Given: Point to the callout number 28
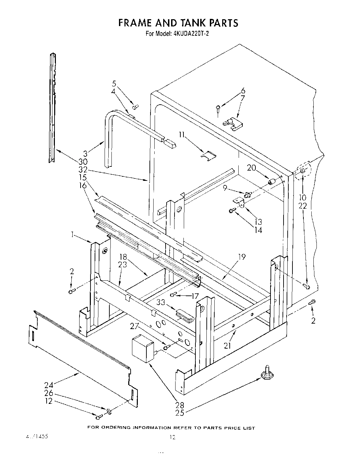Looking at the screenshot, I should point(180,405).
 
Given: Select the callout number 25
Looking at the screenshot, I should point(180,413).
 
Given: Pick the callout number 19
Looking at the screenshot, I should point(242,257).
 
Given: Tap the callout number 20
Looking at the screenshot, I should point(252,167).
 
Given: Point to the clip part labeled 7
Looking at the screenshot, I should point(232,124).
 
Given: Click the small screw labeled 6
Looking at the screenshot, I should point(218,109).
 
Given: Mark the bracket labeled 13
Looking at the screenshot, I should point(239,202).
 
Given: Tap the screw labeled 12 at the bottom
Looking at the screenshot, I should point(99,417).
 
